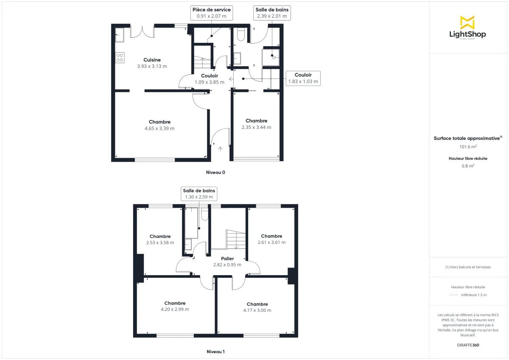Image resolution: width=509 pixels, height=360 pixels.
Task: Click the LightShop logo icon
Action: tap(467, 22)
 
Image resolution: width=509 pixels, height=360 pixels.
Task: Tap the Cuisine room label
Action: tap(152, 60)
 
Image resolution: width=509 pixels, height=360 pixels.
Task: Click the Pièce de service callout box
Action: tap(212, 13)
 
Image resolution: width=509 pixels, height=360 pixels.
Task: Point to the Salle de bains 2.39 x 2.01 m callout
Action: tap(272, 13)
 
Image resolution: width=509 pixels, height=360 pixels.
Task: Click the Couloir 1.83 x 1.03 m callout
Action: tap(303, 78)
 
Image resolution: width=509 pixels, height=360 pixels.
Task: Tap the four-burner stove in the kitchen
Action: tap(120, 58)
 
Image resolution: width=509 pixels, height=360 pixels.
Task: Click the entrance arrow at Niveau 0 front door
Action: tap(220, 149)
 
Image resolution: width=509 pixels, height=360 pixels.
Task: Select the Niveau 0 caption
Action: tap(215, 173)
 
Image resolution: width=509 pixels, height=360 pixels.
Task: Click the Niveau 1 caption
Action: tap(215, 352)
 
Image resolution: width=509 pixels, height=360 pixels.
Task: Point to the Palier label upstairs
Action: tap(227, 258)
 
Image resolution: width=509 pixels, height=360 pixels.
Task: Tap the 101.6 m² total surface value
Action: tap(468, 147)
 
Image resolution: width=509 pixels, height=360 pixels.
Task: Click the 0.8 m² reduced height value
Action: tap(468, 166)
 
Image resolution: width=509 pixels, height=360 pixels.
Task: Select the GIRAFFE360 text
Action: tap(468, 345)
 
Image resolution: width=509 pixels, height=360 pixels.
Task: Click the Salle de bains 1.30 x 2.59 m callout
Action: tap(199, 194)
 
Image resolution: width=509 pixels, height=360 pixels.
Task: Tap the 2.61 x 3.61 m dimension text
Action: tap(271, 243)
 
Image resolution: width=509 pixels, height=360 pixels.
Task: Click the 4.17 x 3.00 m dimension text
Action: tap(257, 310)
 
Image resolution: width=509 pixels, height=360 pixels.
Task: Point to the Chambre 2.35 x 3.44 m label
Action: tap(256, 121)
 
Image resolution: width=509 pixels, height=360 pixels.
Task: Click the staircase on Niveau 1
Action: tap(235, 240)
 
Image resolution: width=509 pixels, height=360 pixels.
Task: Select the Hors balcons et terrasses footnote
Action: tap(468, 267)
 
